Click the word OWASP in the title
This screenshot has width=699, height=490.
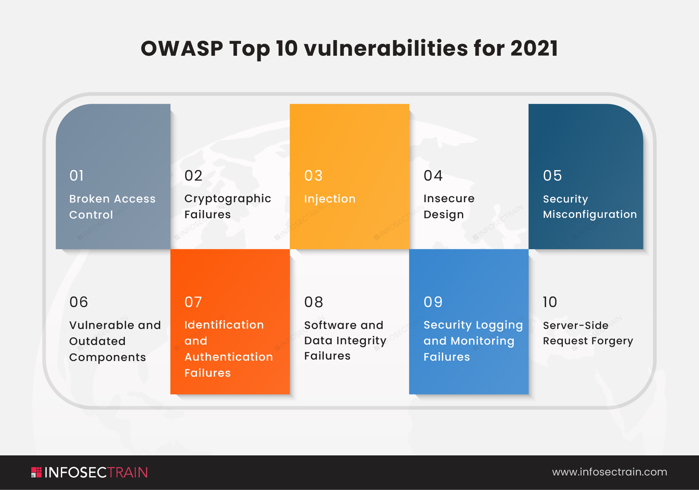click(182, 48)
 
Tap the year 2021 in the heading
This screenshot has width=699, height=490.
click(534, 48)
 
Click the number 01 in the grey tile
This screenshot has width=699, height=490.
click(77, 176)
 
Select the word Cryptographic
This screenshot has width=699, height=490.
click(228, 199)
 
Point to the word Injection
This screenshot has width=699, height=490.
click(329, 199)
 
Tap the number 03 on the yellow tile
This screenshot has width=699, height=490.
click(313, 176)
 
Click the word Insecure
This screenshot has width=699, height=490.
click(449, 199)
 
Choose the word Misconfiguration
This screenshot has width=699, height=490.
click(590, 214)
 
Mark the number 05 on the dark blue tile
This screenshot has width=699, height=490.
click(552, 176)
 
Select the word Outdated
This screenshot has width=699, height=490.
click(97, 341)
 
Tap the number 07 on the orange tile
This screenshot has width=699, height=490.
click(193, 302)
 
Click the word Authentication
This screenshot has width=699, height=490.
click(229, 357)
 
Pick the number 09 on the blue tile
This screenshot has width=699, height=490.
click(433, 302)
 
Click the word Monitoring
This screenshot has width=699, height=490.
click(482, 341)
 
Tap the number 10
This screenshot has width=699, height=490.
click(550, 302)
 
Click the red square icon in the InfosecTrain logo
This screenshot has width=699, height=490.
click(36, 473)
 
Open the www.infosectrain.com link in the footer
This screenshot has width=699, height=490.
click(609, 472)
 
